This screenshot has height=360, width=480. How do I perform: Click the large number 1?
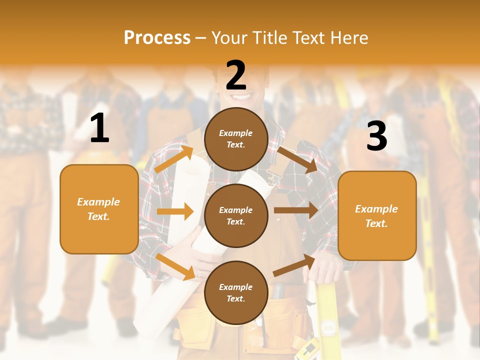pos(99,128)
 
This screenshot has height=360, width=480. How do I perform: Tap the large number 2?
pos(235,75)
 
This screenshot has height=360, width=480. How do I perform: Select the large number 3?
pos(376,136)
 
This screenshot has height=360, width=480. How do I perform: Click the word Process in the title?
pos(157,37)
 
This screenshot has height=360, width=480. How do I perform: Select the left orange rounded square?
pos(99,209)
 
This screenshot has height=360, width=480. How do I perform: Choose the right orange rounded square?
pos(377,215)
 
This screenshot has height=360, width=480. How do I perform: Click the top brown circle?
pos(236,139)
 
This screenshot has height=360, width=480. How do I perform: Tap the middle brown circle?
pos(236,215)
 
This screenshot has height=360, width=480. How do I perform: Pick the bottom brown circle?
pos(236,292)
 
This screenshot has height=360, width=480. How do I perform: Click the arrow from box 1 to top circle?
pos(174,159)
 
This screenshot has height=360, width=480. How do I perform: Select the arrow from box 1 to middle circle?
pos(175,211)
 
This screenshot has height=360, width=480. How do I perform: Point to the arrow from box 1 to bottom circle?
pos(175,266)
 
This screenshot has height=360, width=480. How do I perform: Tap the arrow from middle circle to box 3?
pos(296,210)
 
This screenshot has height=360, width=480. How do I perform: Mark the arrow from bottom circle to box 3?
pos(294,265)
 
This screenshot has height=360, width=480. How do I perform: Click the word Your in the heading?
pos(230,37)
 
